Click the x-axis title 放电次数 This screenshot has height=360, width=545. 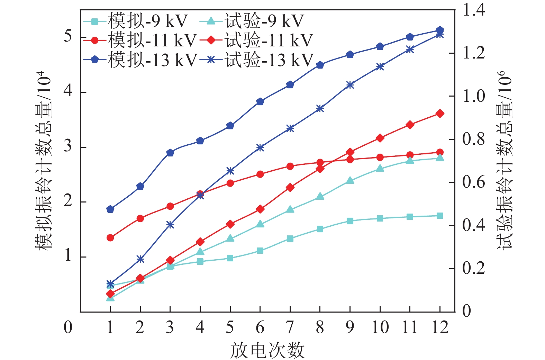tap(267, 350)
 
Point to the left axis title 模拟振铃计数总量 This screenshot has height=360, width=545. tap(44, 161)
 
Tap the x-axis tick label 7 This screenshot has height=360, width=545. tap(290, 327)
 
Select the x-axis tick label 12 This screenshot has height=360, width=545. tap(440, 327)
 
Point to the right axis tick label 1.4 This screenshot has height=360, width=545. tap(473, 10)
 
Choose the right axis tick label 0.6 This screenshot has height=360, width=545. tap(473, 182)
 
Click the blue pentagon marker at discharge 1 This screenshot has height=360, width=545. tap(110, 209)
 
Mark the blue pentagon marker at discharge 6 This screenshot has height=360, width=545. tap(260, 101)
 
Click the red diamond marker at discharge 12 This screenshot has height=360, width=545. tap(440, 114)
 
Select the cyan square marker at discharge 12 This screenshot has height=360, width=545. tap(440, 216)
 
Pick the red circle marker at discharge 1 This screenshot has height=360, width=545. tap(110, 238)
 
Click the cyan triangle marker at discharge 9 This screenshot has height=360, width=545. tap(350, 180)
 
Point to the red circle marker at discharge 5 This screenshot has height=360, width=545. tap(230, 183)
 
